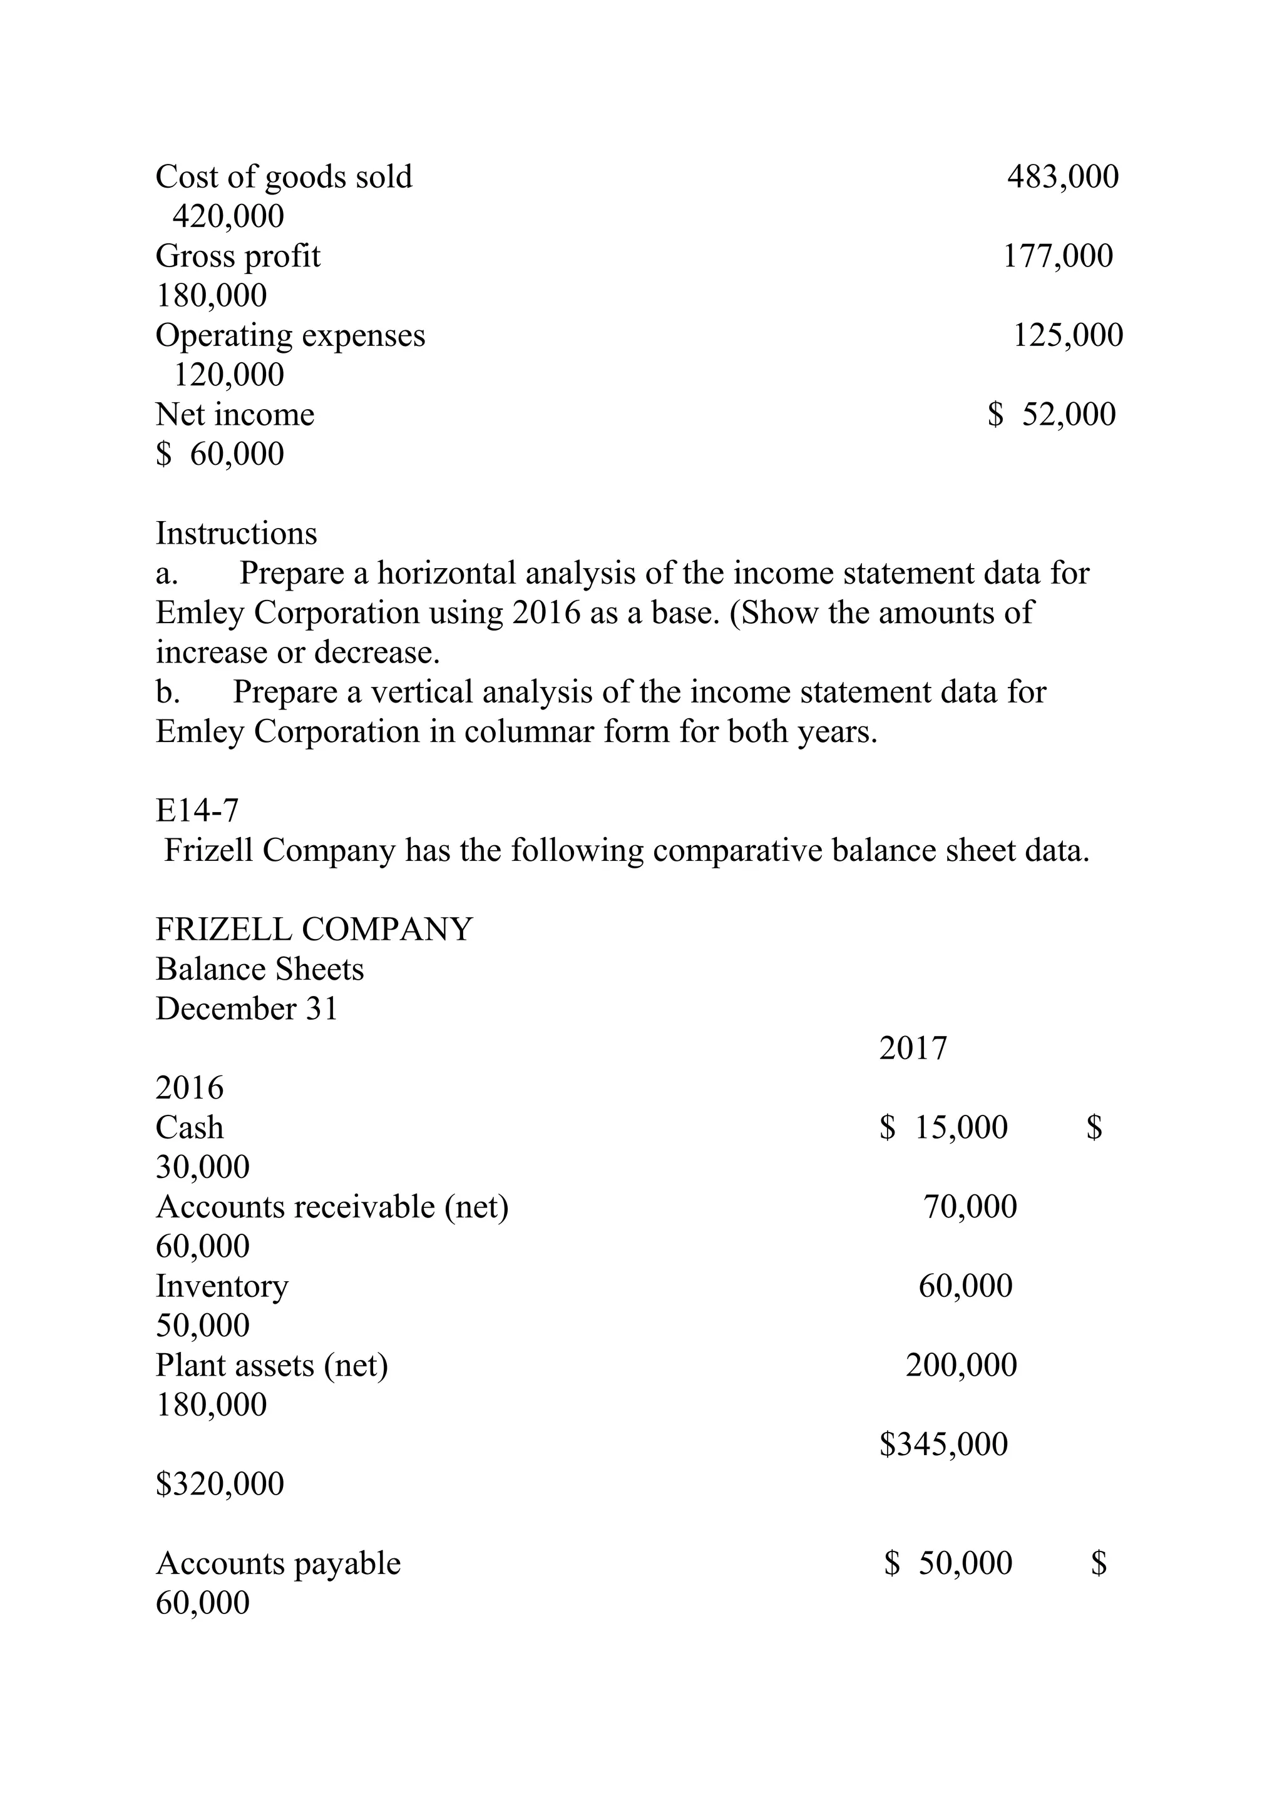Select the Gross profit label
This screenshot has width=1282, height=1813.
tap(238, 256)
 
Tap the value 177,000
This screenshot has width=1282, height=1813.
tap(1058, 256)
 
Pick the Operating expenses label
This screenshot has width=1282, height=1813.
tap(290, 335)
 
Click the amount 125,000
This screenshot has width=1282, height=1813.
tap(1067, 335)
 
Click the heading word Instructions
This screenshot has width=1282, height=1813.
tap(236, 534)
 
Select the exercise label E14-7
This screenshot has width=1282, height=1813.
tap(197, 811)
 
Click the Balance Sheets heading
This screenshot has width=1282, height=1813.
tap(259, 970)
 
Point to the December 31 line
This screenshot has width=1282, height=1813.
tap(247, 1009)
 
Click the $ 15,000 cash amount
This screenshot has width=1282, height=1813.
tap(943, 1127)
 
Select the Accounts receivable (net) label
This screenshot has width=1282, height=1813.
tap(332, 1207)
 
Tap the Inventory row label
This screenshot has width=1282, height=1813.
tap(222, 1286)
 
